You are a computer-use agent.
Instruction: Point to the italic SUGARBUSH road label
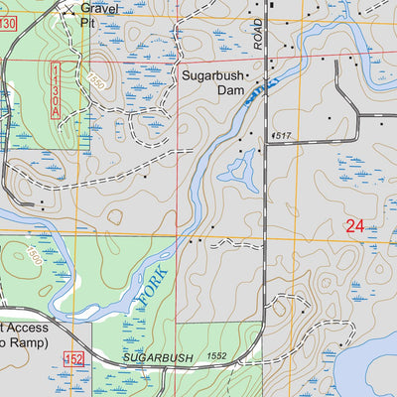point(156,354)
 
